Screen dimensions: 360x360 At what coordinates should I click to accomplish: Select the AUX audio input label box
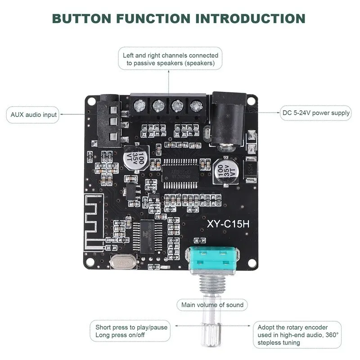[34, 114]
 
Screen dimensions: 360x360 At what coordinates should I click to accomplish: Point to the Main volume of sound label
[212, 305]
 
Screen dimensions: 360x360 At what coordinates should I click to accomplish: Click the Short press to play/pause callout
[131, 331]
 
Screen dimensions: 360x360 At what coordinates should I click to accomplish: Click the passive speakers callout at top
[171, 59]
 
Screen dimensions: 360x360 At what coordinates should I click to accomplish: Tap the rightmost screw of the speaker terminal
[195, 106]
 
